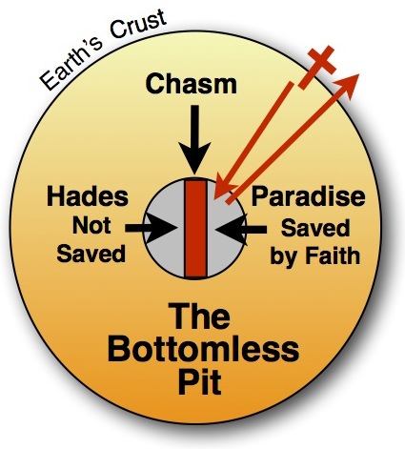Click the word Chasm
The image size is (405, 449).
[x=192, y=84]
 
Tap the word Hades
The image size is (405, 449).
[x=88, y=196]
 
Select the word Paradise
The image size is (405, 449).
[x=308, y=196]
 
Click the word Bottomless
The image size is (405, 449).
[x=203, y=349]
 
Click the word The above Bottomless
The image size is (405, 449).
[x=199, y=316]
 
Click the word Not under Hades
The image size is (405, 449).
[x=91, y=226]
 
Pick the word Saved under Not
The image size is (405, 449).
[x=91, y=254]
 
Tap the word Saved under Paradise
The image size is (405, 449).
[x=315, y=228]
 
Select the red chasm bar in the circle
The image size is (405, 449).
[x=196, y=229]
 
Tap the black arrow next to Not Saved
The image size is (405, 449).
[x=151, y=228]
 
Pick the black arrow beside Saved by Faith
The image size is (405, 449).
[x=241, y=230]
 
